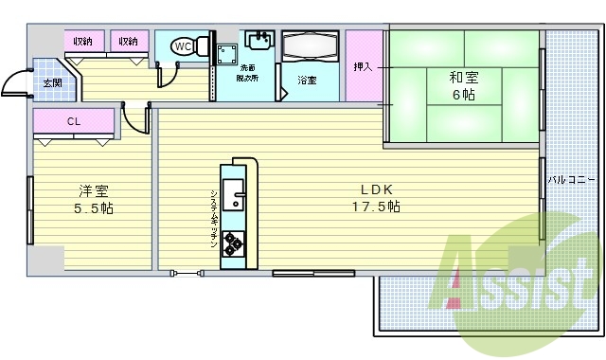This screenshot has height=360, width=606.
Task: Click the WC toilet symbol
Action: tap(189, 46)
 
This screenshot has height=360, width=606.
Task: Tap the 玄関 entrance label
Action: tap(53, 83)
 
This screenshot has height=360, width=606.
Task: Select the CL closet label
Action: tap(74, 121)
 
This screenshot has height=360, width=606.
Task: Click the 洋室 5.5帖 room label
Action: tap(94, 200)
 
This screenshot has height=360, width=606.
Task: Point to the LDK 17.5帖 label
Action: tap(376, 198)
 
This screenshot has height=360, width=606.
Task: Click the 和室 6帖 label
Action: tap(464, 86)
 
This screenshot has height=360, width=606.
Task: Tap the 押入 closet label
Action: tap(363, 67)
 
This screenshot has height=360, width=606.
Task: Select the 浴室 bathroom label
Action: tap(307, 80)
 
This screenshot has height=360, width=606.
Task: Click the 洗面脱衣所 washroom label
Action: tap(247, 73)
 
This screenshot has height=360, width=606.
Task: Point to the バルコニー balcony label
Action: tap(571, 180)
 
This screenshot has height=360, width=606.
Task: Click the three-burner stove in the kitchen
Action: tap(233, 243)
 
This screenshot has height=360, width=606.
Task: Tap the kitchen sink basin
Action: tap(233, 195)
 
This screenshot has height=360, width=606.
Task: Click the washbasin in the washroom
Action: tap(259, 40)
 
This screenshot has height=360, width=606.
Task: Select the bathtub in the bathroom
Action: tap(310, 45)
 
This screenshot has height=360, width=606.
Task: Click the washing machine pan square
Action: tap(227, 55)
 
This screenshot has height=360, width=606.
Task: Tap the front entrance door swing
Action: tap(15, 82)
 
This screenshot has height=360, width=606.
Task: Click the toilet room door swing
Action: tap(168, 75)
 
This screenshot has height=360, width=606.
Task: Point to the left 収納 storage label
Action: tap(83, 41)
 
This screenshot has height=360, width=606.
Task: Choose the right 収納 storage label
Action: tap(129, 41)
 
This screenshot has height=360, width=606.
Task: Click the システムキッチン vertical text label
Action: tap(214, 219)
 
